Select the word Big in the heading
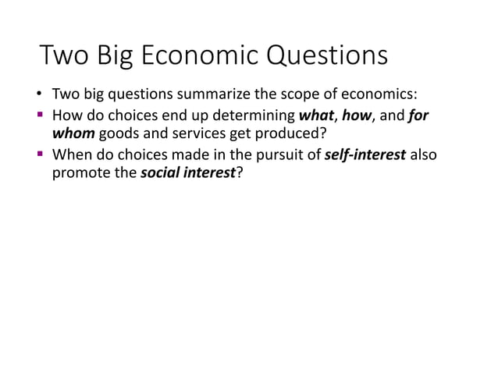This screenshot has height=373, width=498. tap(116, 59)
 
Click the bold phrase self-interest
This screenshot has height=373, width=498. tap(364, 155)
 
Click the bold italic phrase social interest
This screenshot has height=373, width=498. tap(187, 173)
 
